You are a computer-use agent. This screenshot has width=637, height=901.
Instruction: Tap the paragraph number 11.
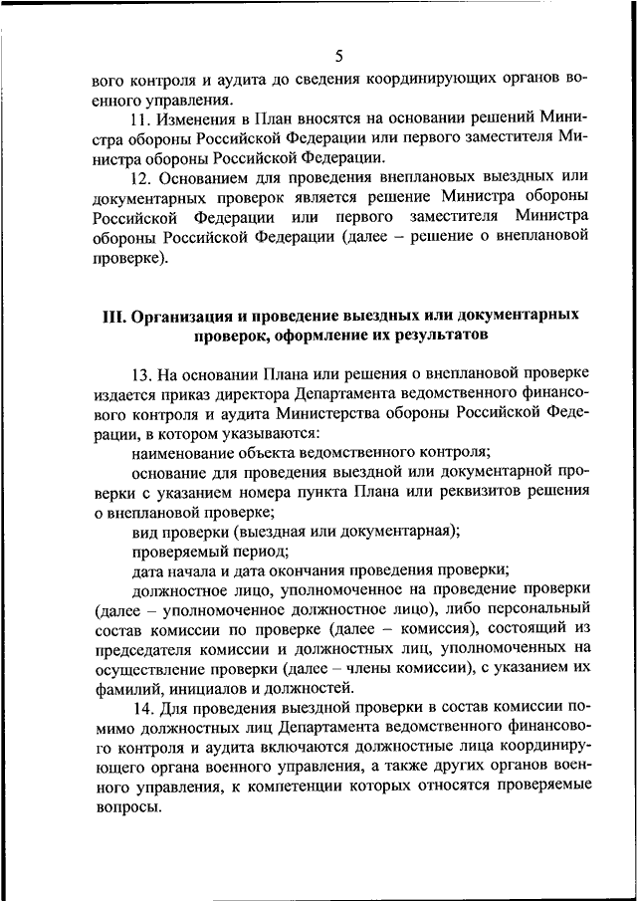click(140, 118)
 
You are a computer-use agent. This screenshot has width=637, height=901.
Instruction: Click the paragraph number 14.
click(140, 708)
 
